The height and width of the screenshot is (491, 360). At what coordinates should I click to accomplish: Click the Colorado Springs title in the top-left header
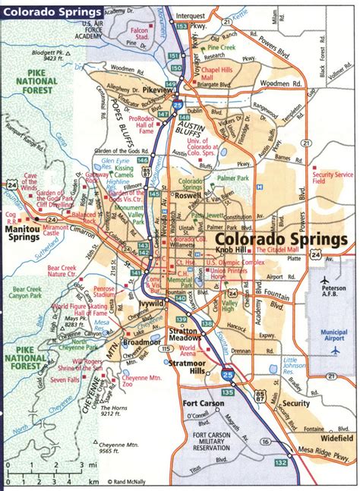pyautogui.click(x=52, y=12)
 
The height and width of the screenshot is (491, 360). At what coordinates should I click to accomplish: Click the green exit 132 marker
pyautogui.click(x=282, y=461)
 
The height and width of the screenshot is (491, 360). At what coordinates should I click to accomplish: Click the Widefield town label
pyautogui.click(x=332, y=438)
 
